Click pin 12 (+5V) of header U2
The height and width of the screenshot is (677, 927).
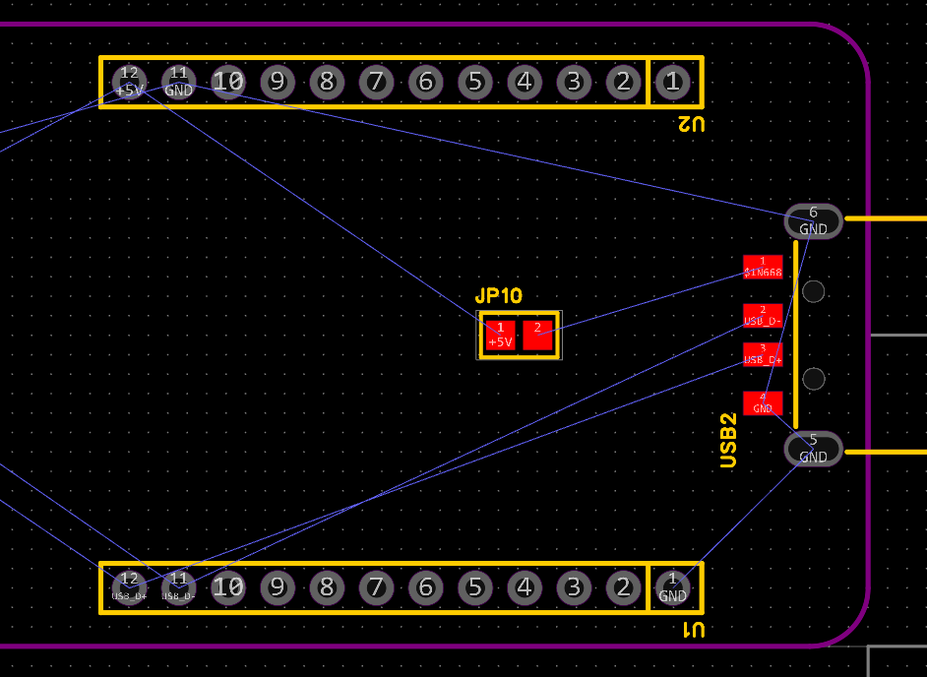[x=129, y=82]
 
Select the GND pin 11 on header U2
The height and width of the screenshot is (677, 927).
[x=178, y=82]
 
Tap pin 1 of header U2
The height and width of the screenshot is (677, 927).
[x=672, y=82]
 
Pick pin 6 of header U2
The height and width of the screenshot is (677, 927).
[x=425, y=82]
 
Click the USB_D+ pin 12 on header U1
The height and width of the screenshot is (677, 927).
[x=129, y=587]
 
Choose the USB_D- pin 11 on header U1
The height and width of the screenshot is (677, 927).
[x=178, y=587]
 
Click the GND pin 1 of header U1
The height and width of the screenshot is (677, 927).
[x=672, y=587]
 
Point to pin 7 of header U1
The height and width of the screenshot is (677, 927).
[x=376, y=587]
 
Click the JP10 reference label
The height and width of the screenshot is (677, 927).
[x=499, y=296]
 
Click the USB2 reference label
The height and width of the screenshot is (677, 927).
[x=728, y=440]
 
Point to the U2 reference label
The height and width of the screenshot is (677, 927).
[x=691, y=124]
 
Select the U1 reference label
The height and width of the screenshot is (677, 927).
[x=691, y=629]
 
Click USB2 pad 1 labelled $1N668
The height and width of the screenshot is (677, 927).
[x=763, y=267]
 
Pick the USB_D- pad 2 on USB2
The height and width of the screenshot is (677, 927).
[x=763, y=316]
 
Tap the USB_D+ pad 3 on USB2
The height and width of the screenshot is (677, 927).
[x=763, y=354]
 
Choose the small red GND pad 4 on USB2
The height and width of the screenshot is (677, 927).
[x=763, y=403]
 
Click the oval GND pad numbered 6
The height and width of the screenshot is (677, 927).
[x=813, y=221]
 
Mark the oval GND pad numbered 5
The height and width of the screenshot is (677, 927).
[x=813, y=449]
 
